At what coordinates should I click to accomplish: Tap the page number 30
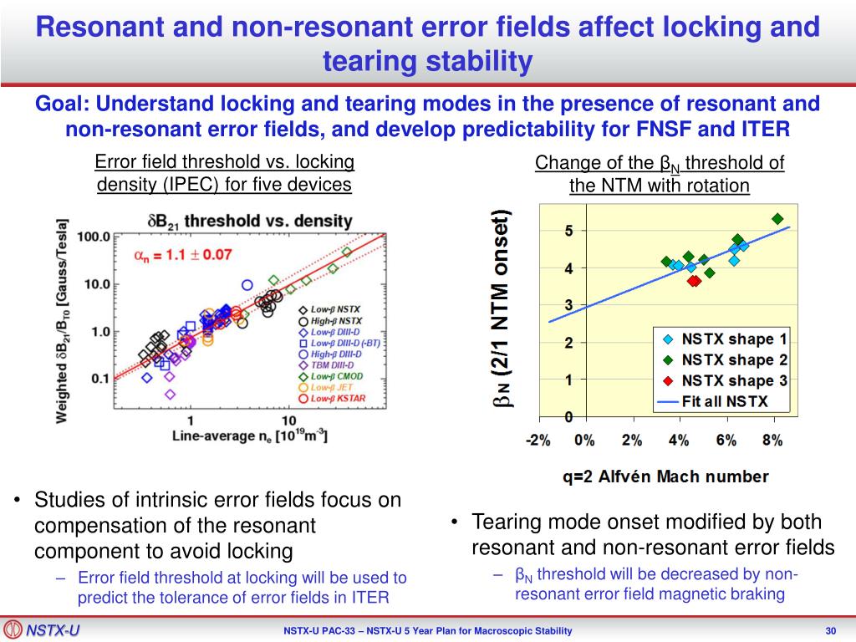830,631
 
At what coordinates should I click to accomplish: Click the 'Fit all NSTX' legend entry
714,401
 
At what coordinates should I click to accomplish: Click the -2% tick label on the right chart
538,441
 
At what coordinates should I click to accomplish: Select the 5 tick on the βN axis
568,231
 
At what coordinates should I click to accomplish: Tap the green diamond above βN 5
777,219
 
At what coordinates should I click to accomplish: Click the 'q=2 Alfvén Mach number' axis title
665,477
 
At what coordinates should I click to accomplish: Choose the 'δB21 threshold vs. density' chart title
250,221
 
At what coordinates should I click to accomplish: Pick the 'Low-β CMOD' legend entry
339,376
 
